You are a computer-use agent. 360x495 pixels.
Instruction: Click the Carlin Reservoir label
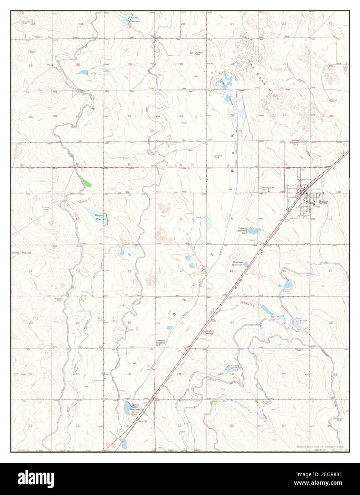pyautogui.click(x=135, y=19)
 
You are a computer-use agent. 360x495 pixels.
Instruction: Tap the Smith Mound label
pyautogui.click(x=21, y=253)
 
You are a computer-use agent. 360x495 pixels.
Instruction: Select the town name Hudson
pyautogui.click(x=323, y=201)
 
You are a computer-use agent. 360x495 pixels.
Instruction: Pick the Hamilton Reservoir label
pyautogui.click(x=209, y=332)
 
